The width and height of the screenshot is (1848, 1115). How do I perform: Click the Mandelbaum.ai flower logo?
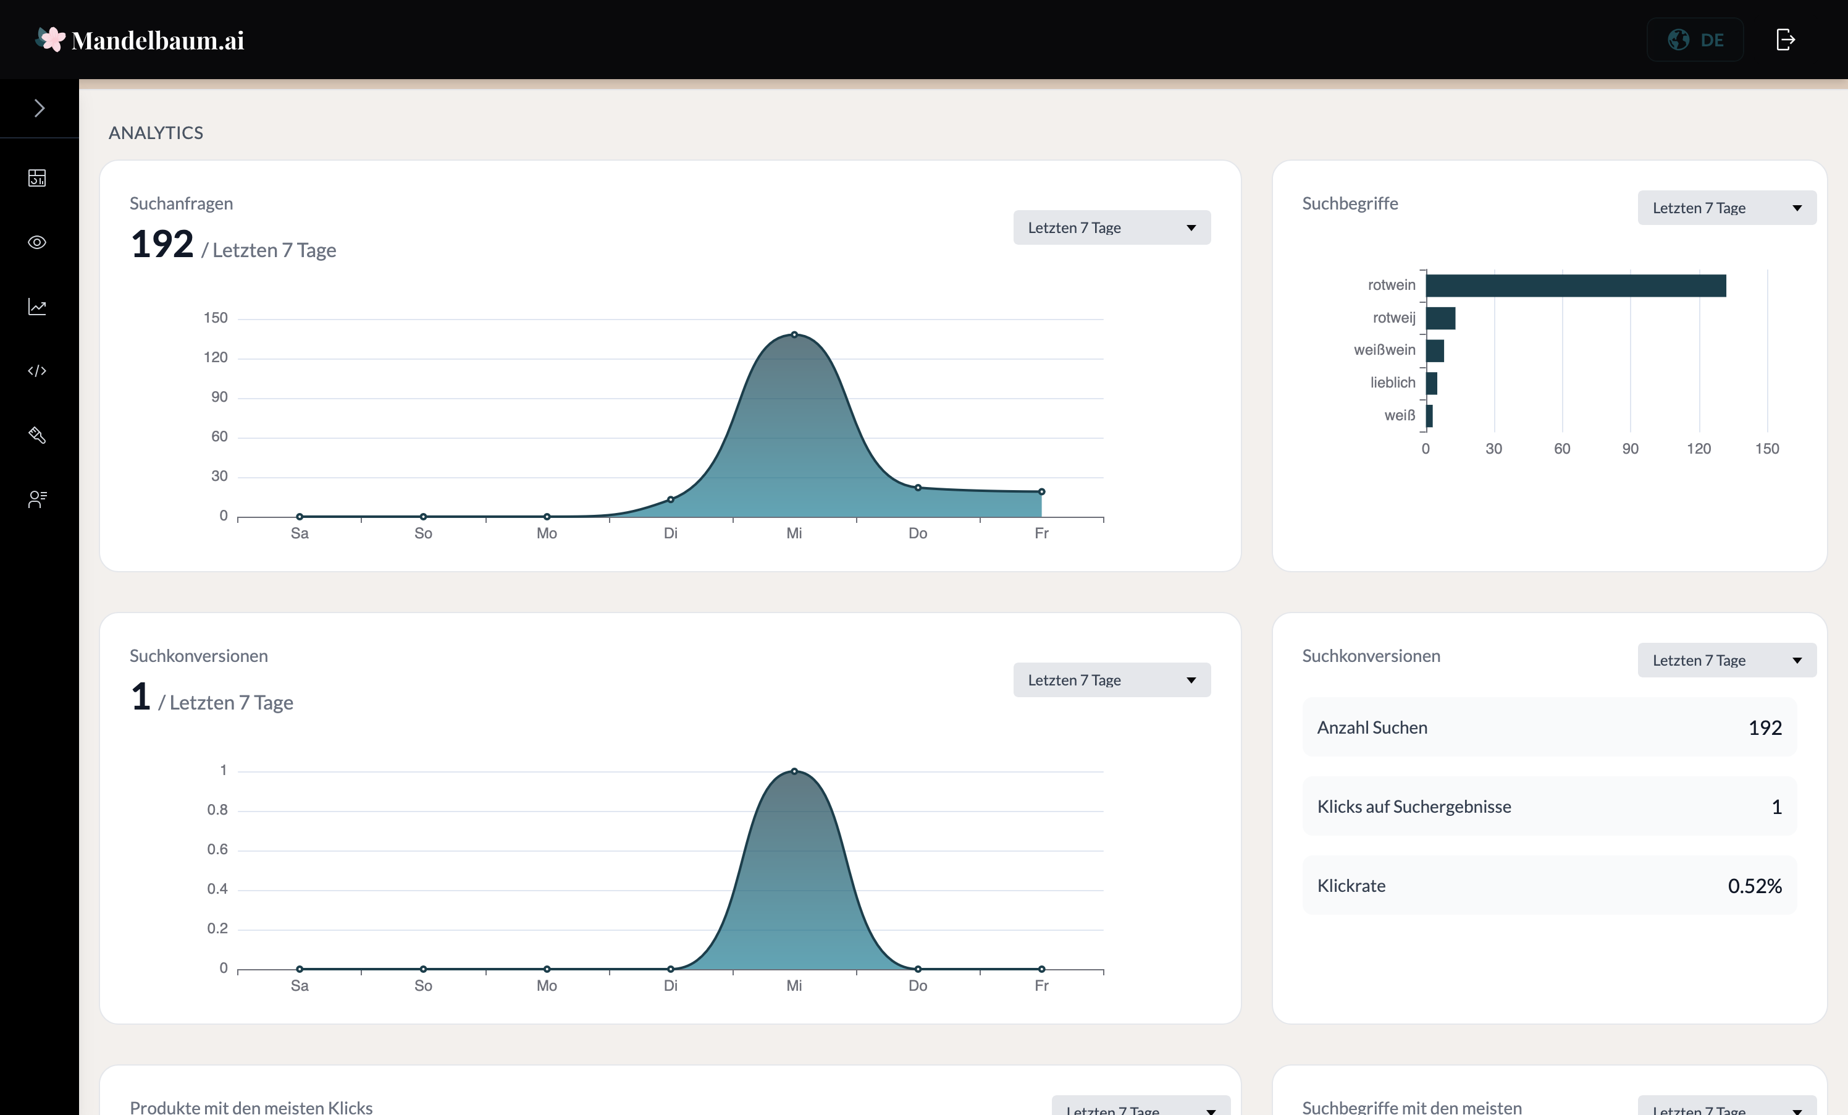pos(51,39)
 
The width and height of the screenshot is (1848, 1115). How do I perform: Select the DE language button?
pos(1694,40)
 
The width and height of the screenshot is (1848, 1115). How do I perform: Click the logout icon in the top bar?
pos(1785,40)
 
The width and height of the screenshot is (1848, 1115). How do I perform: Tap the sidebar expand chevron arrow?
pos(39,109)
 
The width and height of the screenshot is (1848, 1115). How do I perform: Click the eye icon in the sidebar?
pos(37,242)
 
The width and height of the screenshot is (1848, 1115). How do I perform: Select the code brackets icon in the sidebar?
pos(37,371)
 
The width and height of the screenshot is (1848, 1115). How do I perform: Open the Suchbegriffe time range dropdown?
pos(1726,208)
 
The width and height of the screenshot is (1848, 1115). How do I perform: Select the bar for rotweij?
pos(1440,318)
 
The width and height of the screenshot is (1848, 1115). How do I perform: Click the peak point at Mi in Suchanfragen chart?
pos(794,334)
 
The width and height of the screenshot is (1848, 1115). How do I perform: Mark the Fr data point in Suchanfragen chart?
pos(1041,491)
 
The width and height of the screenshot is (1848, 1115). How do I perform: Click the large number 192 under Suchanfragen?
pos(161,244)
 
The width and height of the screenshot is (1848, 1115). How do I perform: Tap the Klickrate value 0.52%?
pos(1754,886)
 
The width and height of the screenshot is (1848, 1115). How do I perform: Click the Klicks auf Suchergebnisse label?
pos(1414,807)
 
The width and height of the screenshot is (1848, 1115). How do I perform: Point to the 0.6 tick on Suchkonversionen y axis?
pos(217,849)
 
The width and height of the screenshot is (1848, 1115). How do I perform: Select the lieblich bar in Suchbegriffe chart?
pos(1431,383)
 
